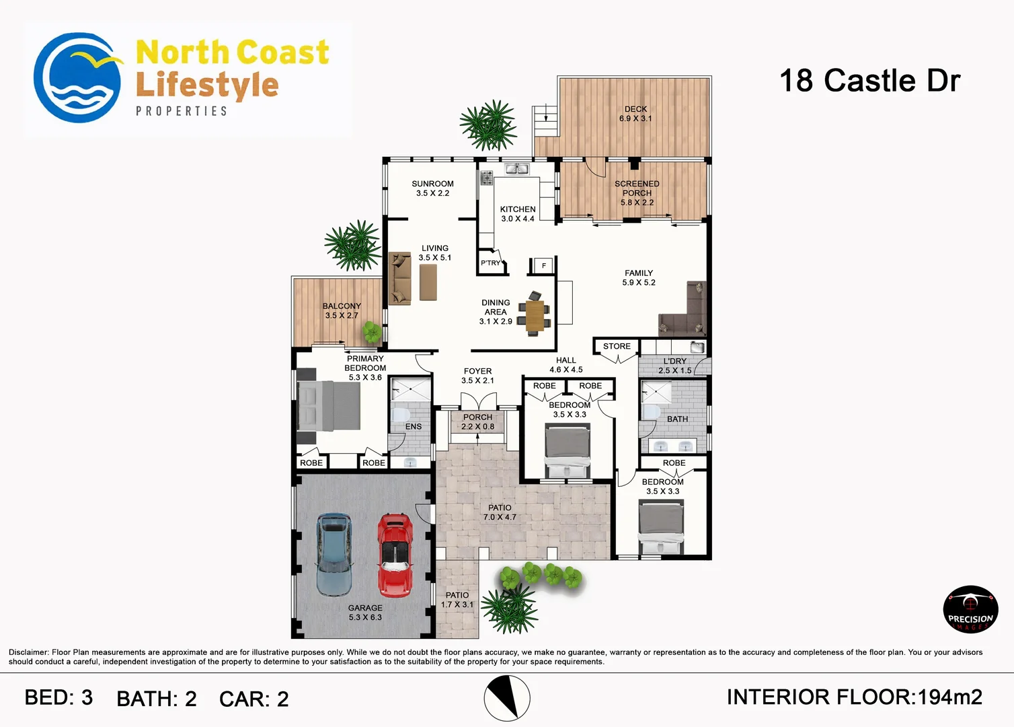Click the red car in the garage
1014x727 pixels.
tap(395, 555)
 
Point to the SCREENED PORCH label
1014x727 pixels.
tap(637, 193)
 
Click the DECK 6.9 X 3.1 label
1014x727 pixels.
tap(635, 114)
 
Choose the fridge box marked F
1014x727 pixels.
tap(543, 266)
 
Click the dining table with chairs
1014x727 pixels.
tap(535, 314)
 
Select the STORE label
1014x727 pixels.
tap(617, 346)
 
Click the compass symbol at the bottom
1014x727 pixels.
tap(507, 698)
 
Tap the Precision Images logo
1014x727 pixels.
tap(970, 609)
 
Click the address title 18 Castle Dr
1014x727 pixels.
tap(869, 81)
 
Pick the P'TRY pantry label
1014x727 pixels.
tap(490, 263)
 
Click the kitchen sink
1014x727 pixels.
tap(517, 168)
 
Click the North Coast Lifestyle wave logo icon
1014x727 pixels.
tap(77, 78)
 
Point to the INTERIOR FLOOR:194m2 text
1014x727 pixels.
tap(854, 697)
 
